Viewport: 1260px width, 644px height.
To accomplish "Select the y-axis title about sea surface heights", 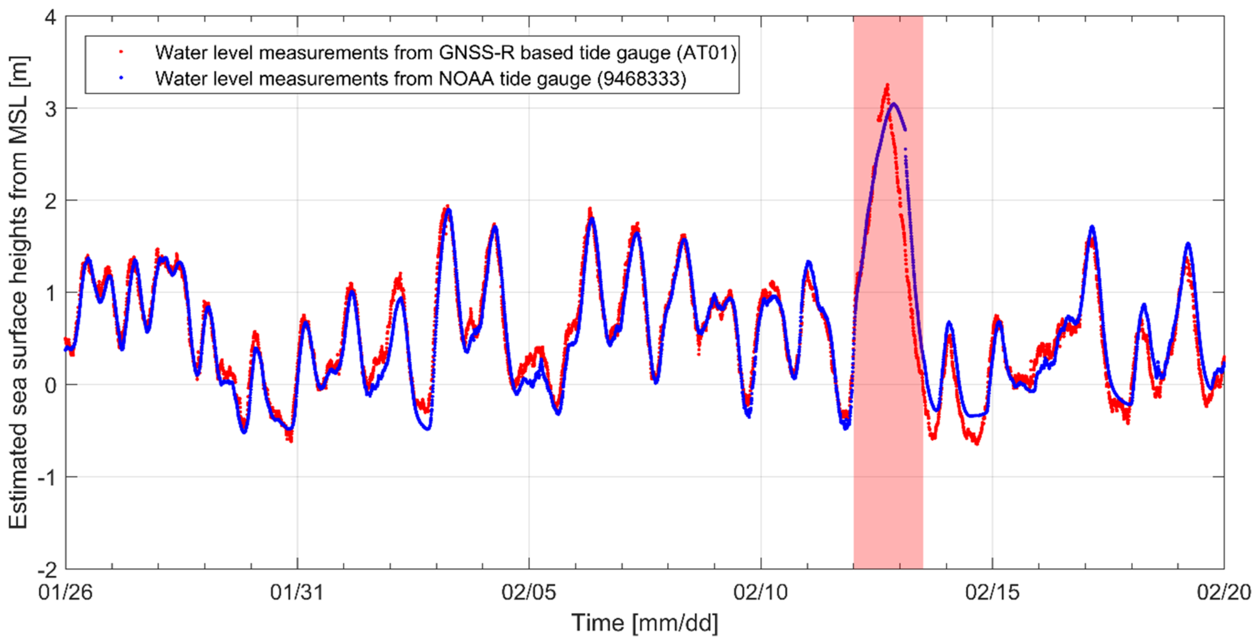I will tap(18, 293).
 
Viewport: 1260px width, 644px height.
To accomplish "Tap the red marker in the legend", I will tap(121, 51).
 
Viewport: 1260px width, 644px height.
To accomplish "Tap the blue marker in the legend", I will tap(121, 77).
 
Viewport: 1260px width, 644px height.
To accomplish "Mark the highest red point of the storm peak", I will tap(887, 85).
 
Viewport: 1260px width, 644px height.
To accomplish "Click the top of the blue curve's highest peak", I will tap(894, 104).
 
